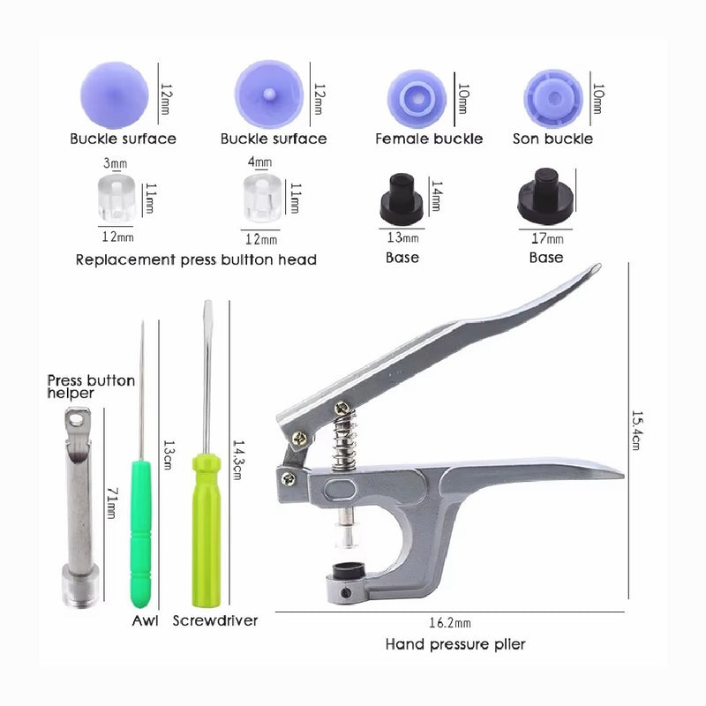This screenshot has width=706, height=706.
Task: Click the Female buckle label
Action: point(429,139)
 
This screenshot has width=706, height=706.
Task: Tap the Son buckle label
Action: point(552,139)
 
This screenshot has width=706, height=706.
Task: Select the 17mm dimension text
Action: point(547,238)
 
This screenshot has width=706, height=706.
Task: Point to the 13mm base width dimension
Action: point(402,237)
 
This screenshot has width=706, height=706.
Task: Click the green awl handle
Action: point(140,534)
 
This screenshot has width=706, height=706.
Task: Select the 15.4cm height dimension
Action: point(636,430)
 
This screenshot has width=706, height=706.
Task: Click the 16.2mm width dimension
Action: point(450,623)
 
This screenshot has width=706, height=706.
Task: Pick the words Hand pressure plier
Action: point(455,644)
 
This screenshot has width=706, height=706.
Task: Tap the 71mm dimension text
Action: point(112,503)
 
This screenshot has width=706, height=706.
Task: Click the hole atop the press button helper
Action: point(76,421)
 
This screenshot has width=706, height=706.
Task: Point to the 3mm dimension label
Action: point(116,162)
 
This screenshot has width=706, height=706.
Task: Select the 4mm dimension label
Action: point(259,161)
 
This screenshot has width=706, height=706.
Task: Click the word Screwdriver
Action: point(215,620)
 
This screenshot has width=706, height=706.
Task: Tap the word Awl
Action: point(145,620)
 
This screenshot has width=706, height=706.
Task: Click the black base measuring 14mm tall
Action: point(402,199)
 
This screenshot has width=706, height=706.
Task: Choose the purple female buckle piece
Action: point(417,99)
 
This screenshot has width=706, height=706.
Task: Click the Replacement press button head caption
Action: point(196,259)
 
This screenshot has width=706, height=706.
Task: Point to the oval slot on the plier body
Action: point(340,489)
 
